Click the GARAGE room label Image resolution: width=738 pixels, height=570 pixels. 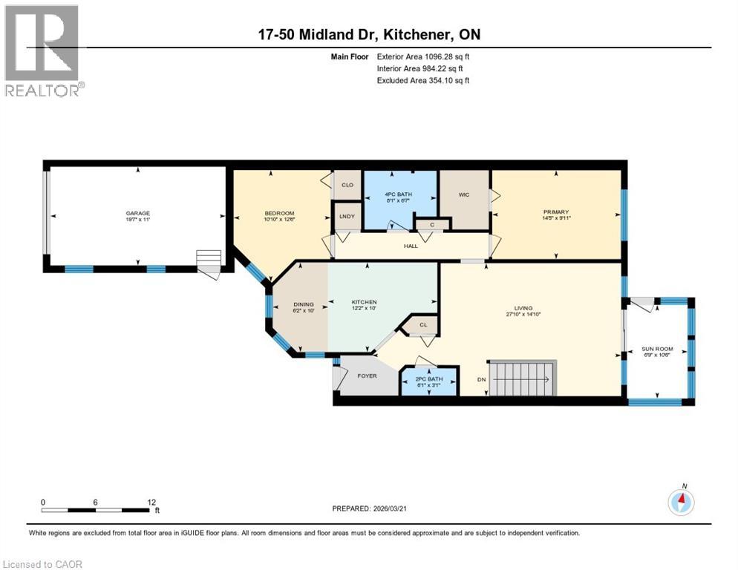(x=137, y=214)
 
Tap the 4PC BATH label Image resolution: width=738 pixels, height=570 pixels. (x=399, y=194)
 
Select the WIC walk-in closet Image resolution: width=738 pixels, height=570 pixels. (x=464, y=195)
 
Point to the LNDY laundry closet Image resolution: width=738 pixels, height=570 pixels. (x=346, y=216)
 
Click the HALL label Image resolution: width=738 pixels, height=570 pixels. (x=410, y=246)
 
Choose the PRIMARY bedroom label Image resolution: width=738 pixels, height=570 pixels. (x=555, y=212)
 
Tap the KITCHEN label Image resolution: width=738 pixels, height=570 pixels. (x=364, y=303)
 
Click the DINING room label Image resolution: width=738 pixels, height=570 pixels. (x=303, y=304)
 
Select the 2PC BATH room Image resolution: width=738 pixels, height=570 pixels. (x=429, y=380)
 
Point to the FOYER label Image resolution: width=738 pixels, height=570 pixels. (x=367, y=376)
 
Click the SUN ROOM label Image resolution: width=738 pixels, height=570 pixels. (x=657, y=349)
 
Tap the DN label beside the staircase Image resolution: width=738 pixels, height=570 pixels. (x=481, y=379)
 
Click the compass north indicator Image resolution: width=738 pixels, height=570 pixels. (x=681, y=501)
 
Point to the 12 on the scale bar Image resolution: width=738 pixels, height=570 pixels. (x=151, y=502)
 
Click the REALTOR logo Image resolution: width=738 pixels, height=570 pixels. (x=42, y=50)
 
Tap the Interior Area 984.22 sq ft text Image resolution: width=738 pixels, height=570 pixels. (x=422, y=68)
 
